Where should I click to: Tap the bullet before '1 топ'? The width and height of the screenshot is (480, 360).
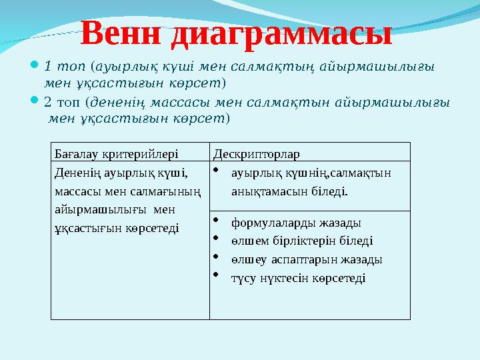coord(35,66)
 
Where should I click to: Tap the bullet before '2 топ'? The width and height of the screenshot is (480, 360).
coord(35,102)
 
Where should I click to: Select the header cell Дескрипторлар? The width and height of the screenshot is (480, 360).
coord(256,153)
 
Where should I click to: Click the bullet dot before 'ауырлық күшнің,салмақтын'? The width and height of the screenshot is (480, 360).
coord(217,169)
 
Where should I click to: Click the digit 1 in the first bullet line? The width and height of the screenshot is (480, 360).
coord(47,67)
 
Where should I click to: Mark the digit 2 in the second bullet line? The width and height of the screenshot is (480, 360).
coord(47,103)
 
